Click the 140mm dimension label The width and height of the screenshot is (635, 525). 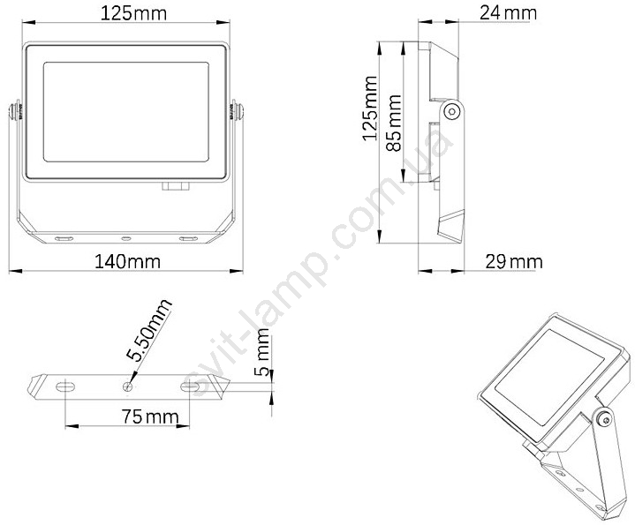tap(127, 262)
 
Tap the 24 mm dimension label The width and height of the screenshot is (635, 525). tap(508, 13)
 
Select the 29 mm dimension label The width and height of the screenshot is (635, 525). tap(514, 262)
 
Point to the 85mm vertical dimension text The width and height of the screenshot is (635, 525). tap(394, 123)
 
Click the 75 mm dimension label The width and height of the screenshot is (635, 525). tap(150, 416)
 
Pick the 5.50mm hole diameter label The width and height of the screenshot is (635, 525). tap(148, 331)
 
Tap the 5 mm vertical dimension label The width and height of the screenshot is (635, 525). tap(263, 352)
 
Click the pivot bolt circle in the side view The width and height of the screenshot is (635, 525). tap(452, 110)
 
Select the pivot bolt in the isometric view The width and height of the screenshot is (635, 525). tap(605, 420)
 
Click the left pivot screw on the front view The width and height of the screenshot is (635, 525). tap(15, 111)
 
